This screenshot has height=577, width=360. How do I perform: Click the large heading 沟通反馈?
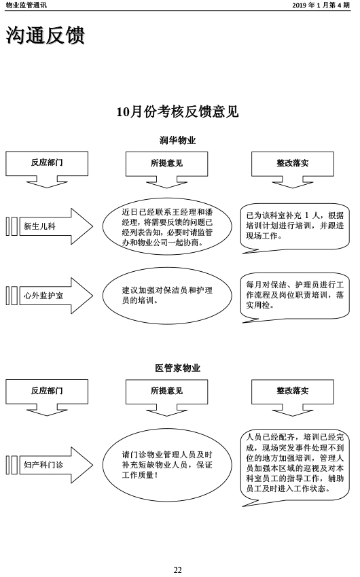tap(46, 36)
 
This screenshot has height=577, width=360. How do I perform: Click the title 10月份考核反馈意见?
tap(177, 111)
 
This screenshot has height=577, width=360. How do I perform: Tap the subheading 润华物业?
tap(177, 140)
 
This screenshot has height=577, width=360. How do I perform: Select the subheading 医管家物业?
tap(177, 368)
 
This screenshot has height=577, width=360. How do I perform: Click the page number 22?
tap(177, 570)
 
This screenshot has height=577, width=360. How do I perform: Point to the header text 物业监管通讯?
tap(26, 5)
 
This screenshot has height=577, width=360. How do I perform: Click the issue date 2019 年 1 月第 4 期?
tap(321, 5)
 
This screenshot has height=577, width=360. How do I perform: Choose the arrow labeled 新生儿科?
tap(50, 226)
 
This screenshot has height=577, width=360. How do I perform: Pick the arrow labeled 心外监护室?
tap(50, 296)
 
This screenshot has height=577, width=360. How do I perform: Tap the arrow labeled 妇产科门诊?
tap(50, 465)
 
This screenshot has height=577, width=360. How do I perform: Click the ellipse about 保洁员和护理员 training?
tap(167, 296)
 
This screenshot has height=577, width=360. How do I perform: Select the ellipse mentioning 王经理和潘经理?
tap(167, 227)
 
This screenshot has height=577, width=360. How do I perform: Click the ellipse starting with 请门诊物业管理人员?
tap(167, 465)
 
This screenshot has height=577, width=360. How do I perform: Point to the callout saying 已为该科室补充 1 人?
tap(295, 226)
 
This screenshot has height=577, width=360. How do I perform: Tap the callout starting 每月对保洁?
tap(295, 296)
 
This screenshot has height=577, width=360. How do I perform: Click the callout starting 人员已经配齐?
tap(295, 465)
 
